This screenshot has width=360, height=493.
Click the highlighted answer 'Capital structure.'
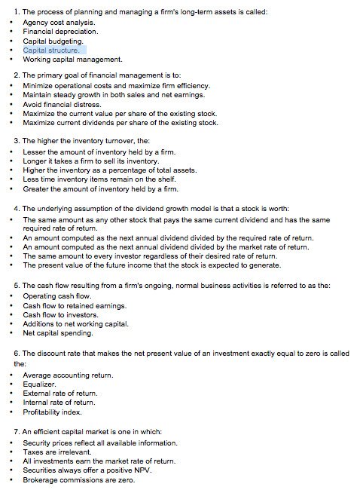[55, 50]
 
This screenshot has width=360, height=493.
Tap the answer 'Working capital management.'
[72, 59]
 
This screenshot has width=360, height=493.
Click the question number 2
[17, 76]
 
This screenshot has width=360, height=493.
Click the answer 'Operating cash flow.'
[57, 296]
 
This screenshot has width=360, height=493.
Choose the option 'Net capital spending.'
[58, 332]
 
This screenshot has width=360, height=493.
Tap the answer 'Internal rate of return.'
[59, 403]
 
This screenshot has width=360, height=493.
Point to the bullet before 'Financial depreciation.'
[11, 32]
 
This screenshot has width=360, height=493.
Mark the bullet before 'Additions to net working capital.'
[11, 324]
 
